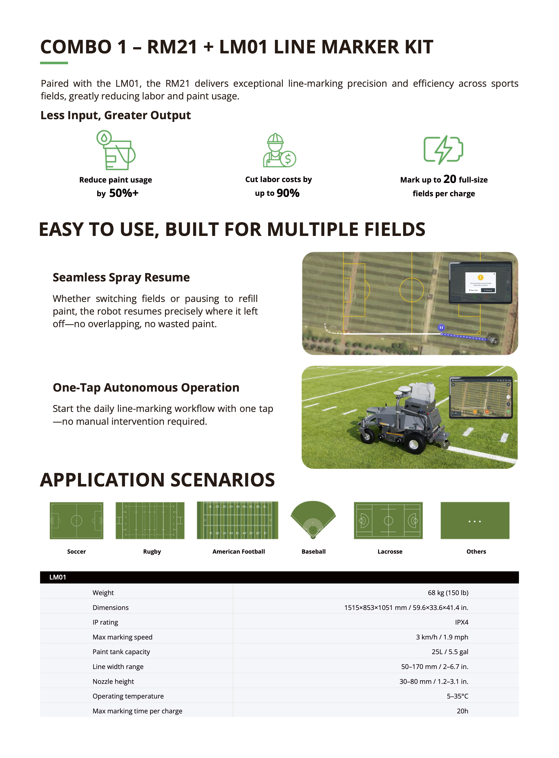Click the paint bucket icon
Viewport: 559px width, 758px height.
(116, 150)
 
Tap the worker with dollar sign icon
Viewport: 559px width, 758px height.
(279, 150)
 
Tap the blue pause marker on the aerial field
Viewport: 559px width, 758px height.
(441, 328)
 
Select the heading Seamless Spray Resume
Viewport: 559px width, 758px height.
(121, 277)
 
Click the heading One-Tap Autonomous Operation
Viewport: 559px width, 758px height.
(146, 388)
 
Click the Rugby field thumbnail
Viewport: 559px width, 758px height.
(150, 521)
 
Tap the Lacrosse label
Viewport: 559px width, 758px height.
(390, 552)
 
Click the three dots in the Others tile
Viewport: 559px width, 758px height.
(475, 521)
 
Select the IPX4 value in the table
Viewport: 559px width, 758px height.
(461, 622)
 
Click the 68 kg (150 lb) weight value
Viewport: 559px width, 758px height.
(448, 593)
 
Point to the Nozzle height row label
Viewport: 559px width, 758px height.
(113, 682)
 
